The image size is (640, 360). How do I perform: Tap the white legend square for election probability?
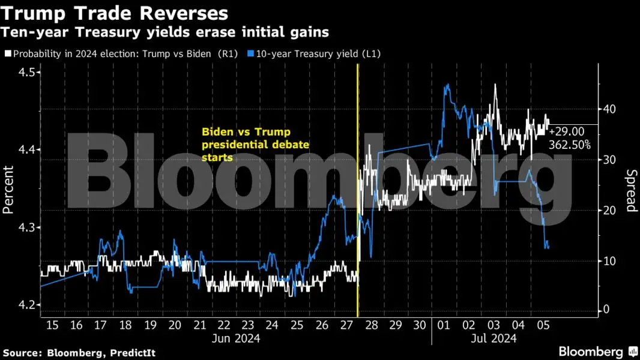pos(7,53)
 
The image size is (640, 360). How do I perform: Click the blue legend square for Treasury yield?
pos(251,53)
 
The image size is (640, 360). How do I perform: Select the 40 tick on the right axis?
pos(609,109)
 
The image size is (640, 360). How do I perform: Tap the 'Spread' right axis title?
pos(631,191)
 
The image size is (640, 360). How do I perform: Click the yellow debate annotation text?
pos(246,144)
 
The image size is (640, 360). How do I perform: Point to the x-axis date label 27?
pos(346,325)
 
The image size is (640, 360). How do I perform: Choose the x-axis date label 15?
pos(52,325)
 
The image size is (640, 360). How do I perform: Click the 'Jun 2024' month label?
pos(235,339)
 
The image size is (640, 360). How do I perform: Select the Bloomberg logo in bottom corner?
pos(598,352)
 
